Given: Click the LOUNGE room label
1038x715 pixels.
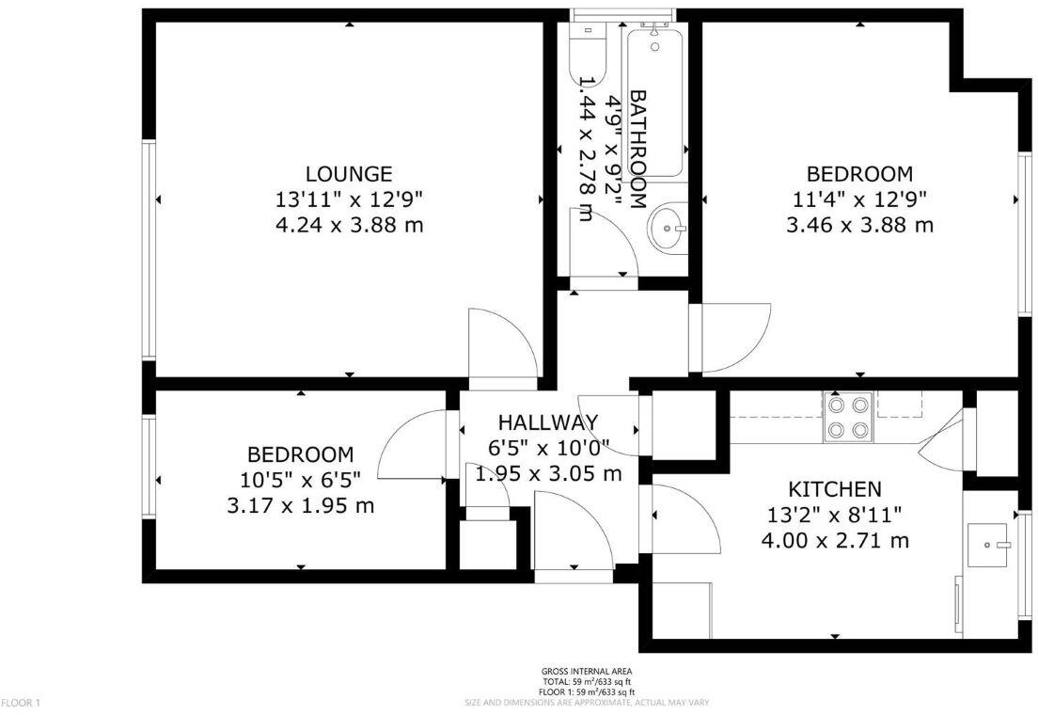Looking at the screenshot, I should click(x=349, y=174).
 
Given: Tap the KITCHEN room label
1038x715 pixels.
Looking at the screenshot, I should click(x=834, y=489).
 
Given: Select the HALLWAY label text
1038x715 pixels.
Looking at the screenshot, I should click(x=547, y=421).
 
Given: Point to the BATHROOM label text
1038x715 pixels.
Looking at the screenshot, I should click(x=637, y=149).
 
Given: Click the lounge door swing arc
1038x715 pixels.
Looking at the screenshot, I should click(x=508, y=343).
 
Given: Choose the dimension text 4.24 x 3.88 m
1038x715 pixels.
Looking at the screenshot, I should click(x=349, y=225).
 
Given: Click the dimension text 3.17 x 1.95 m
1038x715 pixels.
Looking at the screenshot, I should click(x=301, y=505).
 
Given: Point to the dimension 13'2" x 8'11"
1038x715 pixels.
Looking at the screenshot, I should click(x=834, y=515).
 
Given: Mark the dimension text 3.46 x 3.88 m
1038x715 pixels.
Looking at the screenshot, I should click(x=859, y=225).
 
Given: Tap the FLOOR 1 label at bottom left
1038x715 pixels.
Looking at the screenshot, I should click(x=21, y=703).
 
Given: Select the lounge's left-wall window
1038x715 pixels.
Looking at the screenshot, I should click(x=148, y=249).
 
